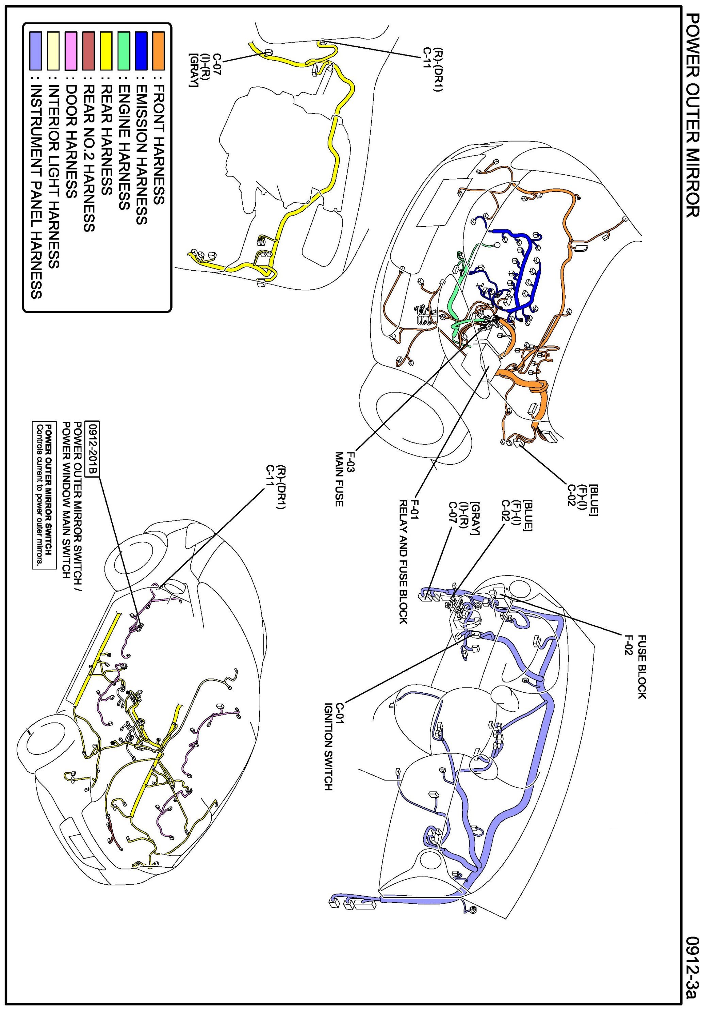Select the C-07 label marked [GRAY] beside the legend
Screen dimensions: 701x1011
pos(199,70)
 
